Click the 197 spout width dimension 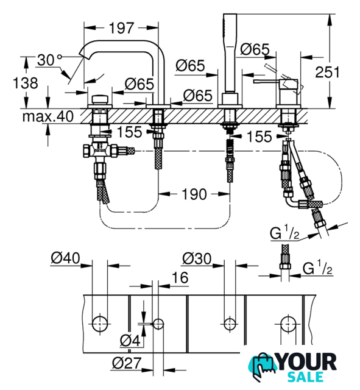click(122, 27)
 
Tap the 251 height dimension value click(327, 72)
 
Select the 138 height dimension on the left click(26, 83)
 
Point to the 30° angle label click(49, 60)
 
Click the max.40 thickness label click(48, 116)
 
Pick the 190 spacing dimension click(194, 194)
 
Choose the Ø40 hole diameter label click(65, 258)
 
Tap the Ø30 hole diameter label click(197, 258)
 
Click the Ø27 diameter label click(127, 363)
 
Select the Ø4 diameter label click(130, 341)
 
